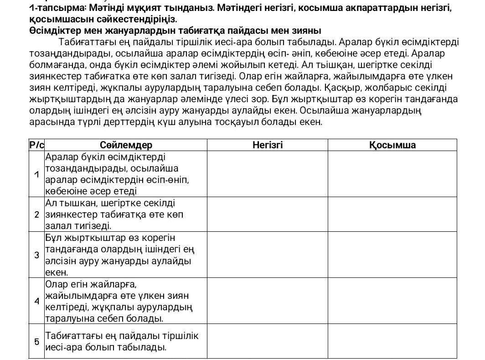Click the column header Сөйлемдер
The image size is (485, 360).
pyautogui.click(x=126, y=145)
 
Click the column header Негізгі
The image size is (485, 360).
pyautogui.click(x=268, y=145)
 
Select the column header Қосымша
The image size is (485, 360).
pyautogui.click(x=392, y=145)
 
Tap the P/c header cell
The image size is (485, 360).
pyautogui.click(x=36, y=145)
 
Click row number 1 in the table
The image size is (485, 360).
pyautogui.click(x=36, y=174)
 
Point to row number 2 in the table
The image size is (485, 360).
pyautogui.click(x=36, y=214)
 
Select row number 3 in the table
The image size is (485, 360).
pyautogui.click(x=36, y=255)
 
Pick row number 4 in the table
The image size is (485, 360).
pyautogui.click(x=36, y=301)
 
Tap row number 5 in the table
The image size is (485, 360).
pyautogui.click(x=36, y=341)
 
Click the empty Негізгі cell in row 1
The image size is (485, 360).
pyautogui.click(x=268, y=174)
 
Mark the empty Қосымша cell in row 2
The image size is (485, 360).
pyautogui.click(x=392, y=214)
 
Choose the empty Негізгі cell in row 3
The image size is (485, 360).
pyautogui.click(x=268, y=255)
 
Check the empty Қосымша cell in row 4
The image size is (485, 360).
pyautogui.click(x=392, y=301)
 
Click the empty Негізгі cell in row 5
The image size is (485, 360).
pyautogui.click(x=268, y=341)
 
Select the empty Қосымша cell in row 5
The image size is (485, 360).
pyautogui.click(x=392, y=341)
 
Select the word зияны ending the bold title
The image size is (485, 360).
pyautogui.click(x=308, y=31)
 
